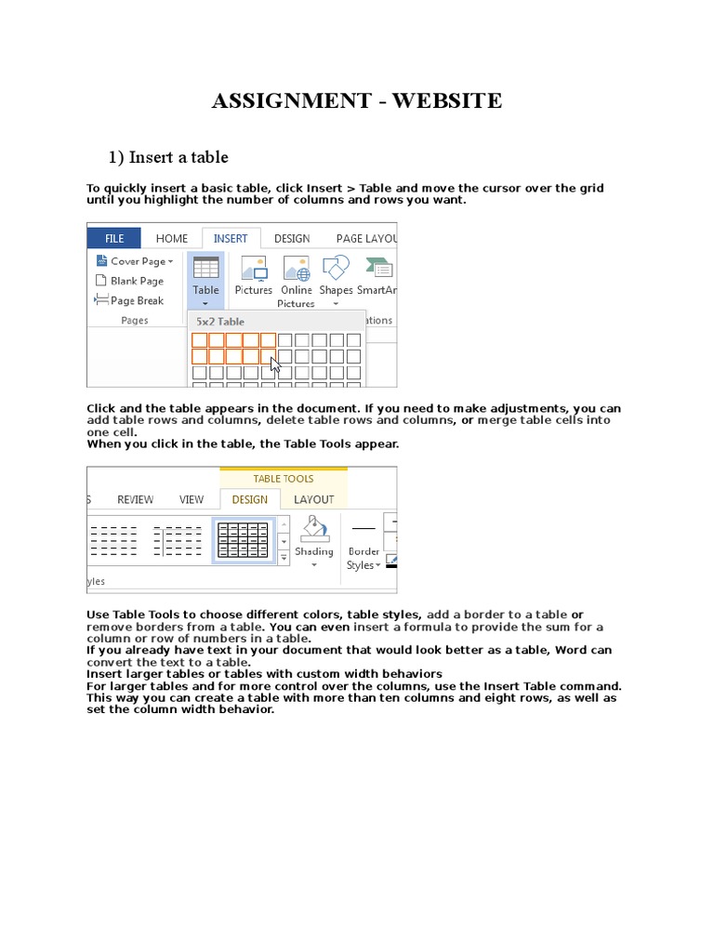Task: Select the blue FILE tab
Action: [x=113, y=238]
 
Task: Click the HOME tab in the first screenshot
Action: [x=172, y=238]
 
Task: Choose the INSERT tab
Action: [x=231, y=238]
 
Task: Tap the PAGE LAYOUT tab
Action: [x=366, y=238]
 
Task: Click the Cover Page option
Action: [x=137, y=261]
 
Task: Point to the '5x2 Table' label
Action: [x=220, y=322]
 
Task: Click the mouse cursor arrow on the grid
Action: [x=275, y=364]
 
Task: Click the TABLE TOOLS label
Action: [x=284, y=478]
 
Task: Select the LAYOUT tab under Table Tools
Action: [x=313, y=499]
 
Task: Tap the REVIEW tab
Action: [x=135, y=499]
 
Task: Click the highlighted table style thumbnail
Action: [x=244, y=540]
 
